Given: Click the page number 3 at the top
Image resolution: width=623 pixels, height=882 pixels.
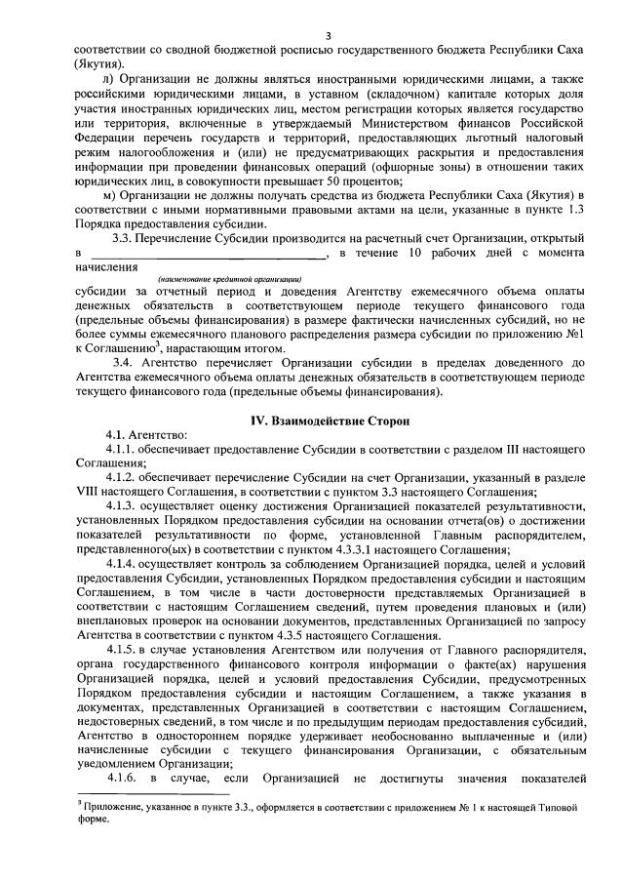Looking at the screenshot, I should point(328,36).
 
